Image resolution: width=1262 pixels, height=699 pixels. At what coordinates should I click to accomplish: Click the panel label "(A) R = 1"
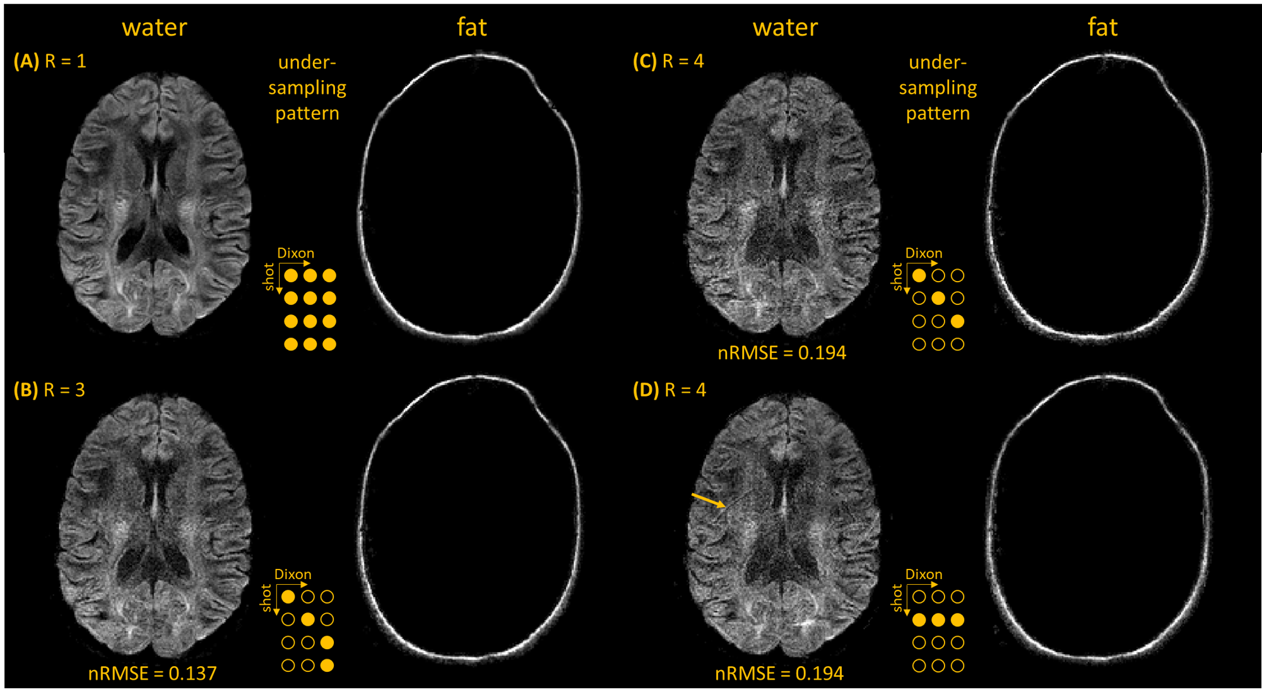pos(50,61)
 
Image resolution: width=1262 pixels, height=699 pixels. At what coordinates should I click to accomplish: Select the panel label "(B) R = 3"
pos(49,390)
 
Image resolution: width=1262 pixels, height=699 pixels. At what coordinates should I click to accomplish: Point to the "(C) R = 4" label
pos(668,61)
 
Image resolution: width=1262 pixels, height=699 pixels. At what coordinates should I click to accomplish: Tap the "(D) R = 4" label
pos(669,390)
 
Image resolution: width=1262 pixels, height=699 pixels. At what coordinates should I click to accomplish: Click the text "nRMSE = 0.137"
pos(152,673)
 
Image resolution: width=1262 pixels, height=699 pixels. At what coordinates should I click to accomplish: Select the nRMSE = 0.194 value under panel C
pos(782,352)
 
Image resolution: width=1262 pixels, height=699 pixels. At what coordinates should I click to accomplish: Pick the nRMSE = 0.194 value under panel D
pos(779,673)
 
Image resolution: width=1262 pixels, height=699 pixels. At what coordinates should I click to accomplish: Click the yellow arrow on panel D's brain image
pos(709,500)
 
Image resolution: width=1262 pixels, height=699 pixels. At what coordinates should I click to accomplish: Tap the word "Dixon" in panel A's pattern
pos(295,253)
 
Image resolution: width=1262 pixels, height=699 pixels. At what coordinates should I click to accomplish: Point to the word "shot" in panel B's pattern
pos(266,597)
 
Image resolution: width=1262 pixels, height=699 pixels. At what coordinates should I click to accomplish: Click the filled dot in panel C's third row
pos(957,321)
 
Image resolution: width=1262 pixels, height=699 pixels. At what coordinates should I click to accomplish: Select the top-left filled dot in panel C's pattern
pos(919,275)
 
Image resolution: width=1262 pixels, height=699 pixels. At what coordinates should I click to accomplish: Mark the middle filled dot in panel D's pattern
pos(938,620)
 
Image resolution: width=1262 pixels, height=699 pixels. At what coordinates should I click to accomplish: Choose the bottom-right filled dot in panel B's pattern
pos(327,665)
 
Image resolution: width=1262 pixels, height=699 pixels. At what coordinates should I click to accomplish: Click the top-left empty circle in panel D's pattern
pos(919,597)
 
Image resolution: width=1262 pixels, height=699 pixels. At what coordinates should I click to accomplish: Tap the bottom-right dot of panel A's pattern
pos(329,344)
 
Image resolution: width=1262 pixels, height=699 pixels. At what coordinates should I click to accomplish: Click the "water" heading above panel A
pos(155,27)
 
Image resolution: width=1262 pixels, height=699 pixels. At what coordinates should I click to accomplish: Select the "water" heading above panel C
pos(785,27)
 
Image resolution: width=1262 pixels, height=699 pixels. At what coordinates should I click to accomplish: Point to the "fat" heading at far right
pos(1102,27)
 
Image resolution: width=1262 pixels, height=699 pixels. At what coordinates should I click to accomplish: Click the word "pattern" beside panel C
pos(938,113)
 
